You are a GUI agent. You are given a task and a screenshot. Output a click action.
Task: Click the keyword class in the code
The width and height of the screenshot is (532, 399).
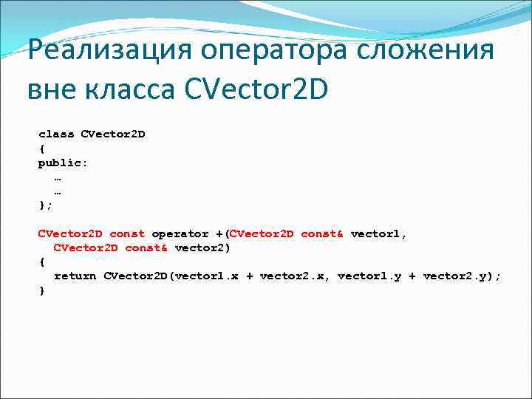(x=56, y=134)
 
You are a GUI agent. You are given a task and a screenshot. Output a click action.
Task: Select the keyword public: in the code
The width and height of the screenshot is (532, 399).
(x=63, y=163)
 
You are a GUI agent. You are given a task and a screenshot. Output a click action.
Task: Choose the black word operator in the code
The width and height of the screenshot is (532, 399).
(x=180, y=234)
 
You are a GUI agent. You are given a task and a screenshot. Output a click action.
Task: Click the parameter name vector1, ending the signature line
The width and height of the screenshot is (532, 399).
(x=378, y=234)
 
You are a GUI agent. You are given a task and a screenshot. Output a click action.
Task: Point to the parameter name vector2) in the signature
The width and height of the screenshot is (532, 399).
(x=202, y=248)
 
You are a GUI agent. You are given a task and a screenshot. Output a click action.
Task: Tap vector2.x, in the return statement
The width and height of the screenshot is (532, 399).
(x=295, y=276)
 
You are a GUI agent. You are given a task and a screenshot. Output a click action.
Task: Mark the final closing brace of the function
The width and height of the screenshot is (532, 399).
(x=42, y=290)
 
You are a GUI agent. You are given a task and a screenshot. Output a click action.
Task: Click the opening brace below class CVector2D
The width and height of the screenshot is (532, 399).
(x=42, y=149)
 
